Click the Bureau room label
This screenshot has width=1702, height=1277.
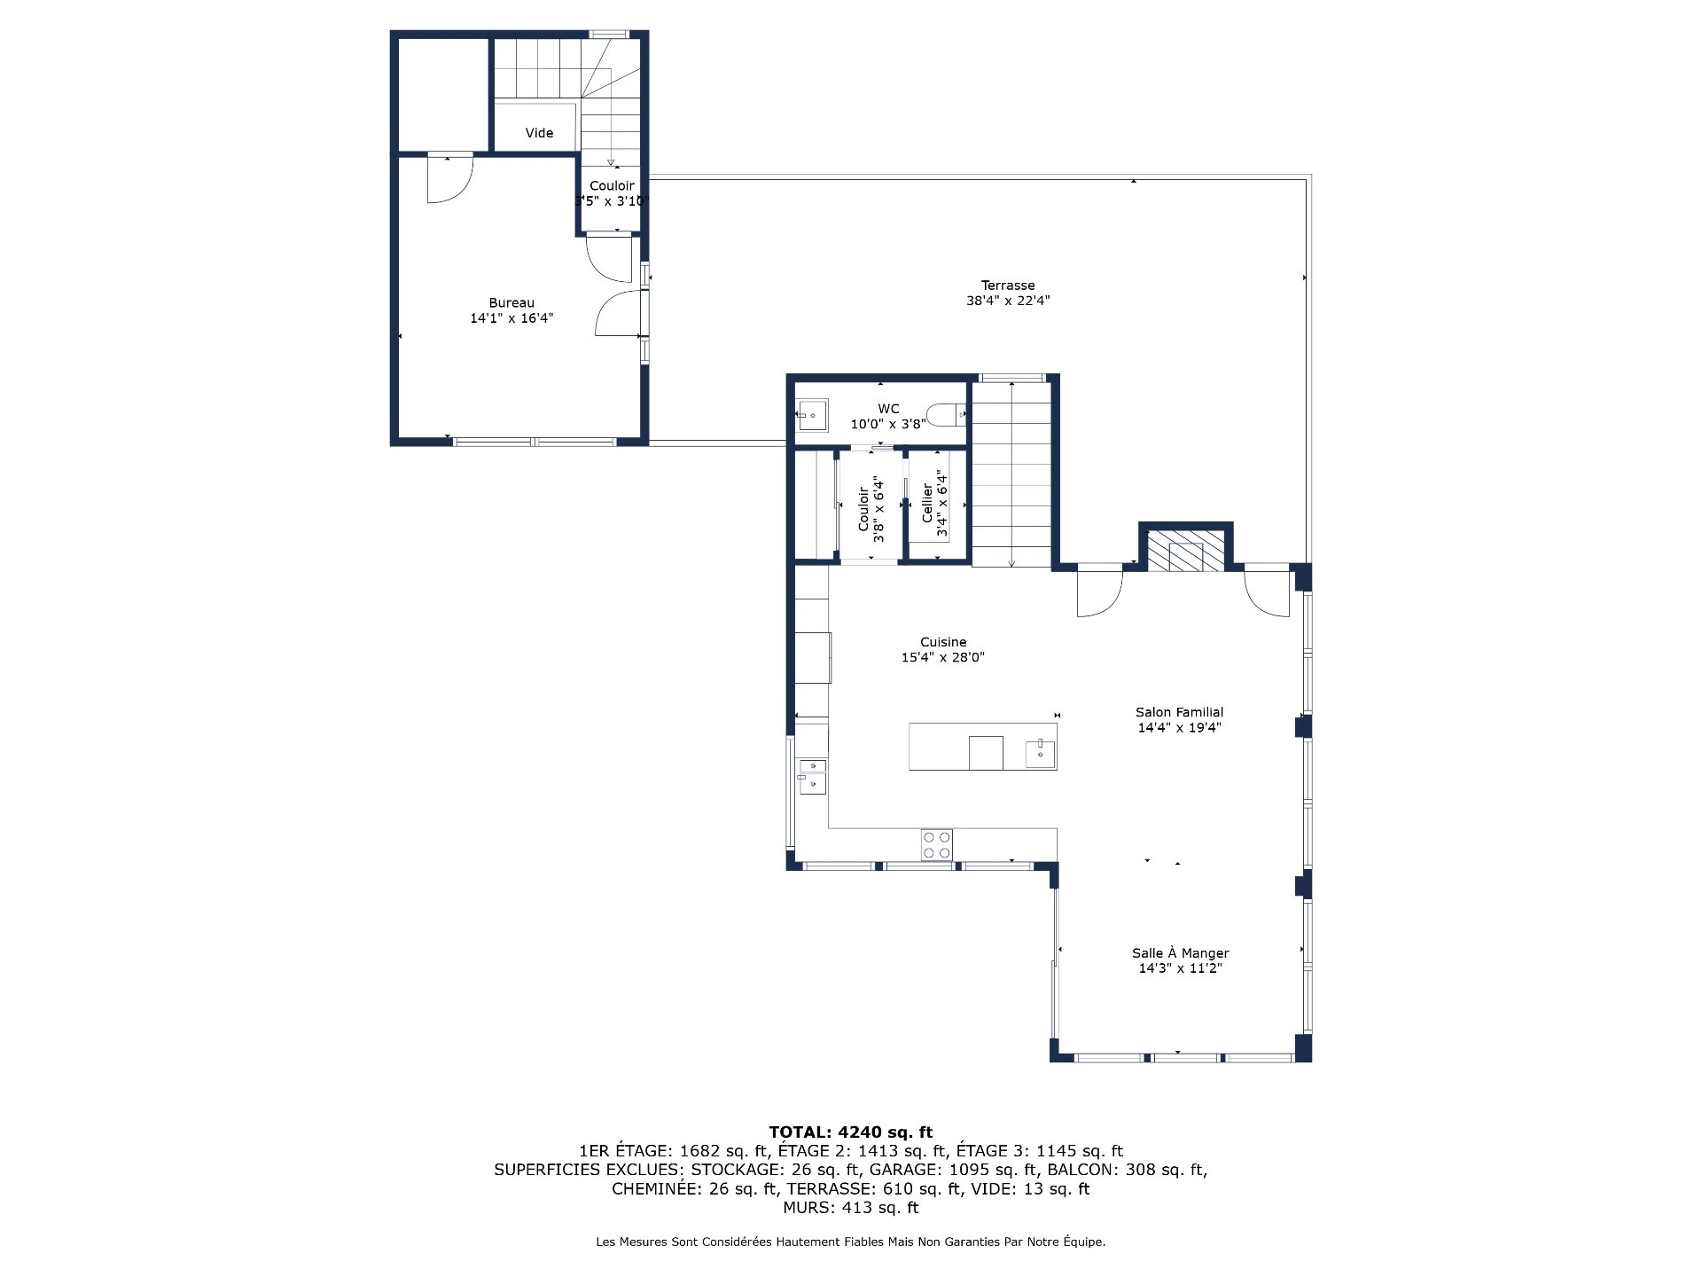point(511,303)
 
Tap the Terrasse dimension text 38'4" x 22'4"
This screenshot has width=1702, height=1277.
point(1008,301)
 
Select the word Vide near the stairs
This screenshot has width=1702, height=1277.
point(539,133)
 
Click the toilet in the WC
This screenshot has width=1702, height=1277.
point(945,414)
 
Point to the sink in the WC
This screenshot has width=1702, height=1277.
point(812,414)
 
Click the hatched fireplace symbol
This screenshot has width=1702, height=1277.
point(1185,551)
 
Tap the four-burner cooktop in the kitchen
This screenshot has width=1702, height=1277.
point(936,844)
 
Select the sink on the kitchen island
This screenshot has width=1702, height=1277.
point(1040,753)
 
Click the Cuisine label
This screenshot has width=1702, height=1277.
point(943,642)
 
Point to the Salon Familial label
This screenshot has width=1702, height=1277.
point(1179,712)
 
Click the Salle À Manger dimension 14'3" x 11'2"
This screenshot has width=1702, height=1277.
point(1180,968)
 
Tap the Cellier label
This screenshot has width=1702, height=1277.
point(927,503)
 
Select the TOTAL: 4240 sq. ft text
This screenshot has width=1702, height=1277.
point(850,1132)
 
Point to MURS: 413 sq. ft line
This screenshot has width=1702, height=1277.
point(850,1208)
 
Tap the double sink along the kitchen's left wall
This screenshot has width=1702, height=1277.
point(812,775)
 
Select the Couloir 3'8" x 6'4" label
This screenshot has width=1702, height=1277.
point(871,509)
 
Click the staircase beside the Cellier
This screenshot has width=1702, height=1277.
point(1011,474)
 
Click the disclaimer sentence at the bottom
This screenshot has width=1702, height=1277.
point(850,1242)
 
